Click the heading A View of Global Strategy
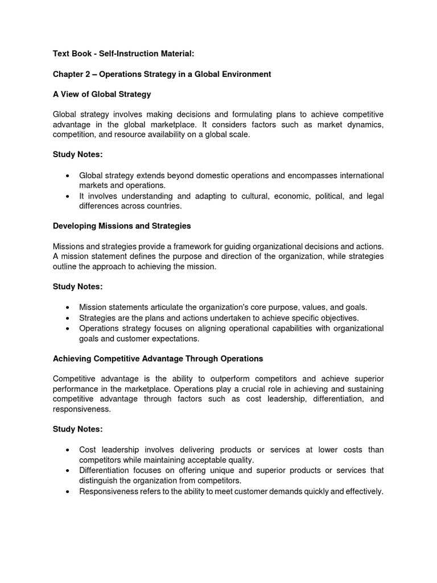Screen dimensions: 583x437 tap(102, 94)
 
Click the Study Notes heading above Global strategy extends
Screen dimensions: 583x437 tap(78, 155)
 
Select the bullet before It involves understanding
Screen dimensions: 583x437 tap(68, 196)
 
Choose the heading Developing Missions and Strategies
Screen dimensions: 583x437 tap(122, 226)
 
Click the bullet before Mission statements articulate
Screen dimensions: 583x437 tap(68, 307)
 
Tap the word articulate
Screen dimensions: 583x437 tap(171, 307)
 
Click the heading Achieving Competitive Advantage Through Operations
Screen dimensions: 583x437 tap(158, 359)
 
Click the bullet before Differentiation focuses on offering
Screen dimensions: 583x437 tap(68, 470)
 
